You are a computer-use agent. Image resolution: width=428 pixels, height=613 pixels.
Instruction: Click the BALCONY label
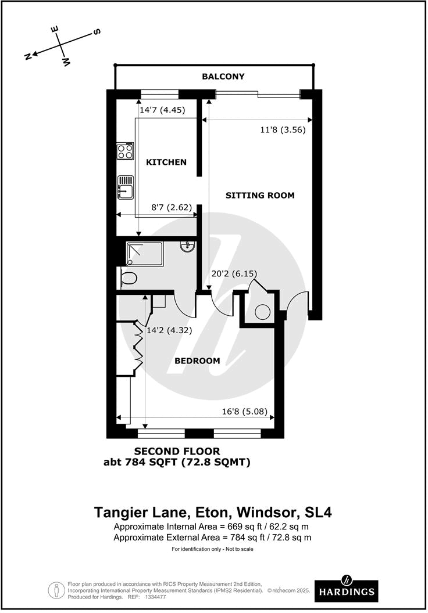coord(223,77)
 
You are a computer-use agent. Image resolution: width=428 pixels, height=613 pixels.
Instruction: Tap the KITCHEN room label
coord(166,162)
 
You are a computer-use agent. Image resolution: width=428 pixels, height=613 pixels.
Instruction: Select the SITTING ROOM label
coord(260,195)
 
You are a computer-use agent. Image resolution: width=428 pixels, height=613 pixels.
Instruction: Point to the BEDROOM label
coord(198,360)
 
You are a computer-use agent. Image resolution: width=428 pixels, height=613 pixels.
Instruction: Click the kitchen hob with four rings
coord(125,152)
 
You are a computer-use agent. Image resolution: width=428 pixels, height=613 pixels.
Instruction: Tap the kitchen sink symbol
coord(125,186)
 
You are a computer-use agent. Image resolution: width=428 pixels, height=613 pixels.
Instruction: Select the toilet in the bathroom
coord(127,279)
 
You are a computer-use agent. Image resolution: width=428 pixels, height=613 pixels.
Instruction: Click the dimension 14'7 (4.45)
coord(162,109)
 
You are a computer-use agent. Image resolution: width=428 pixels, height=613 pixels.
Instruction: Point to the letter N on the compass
coord(27,56)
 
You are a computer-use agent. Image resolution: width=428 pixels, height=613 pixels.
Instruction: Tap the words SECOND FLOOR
coord(177,451)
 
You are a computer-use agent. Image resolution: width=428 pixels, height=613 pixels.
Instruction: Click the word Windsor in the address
coord(265,513)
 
